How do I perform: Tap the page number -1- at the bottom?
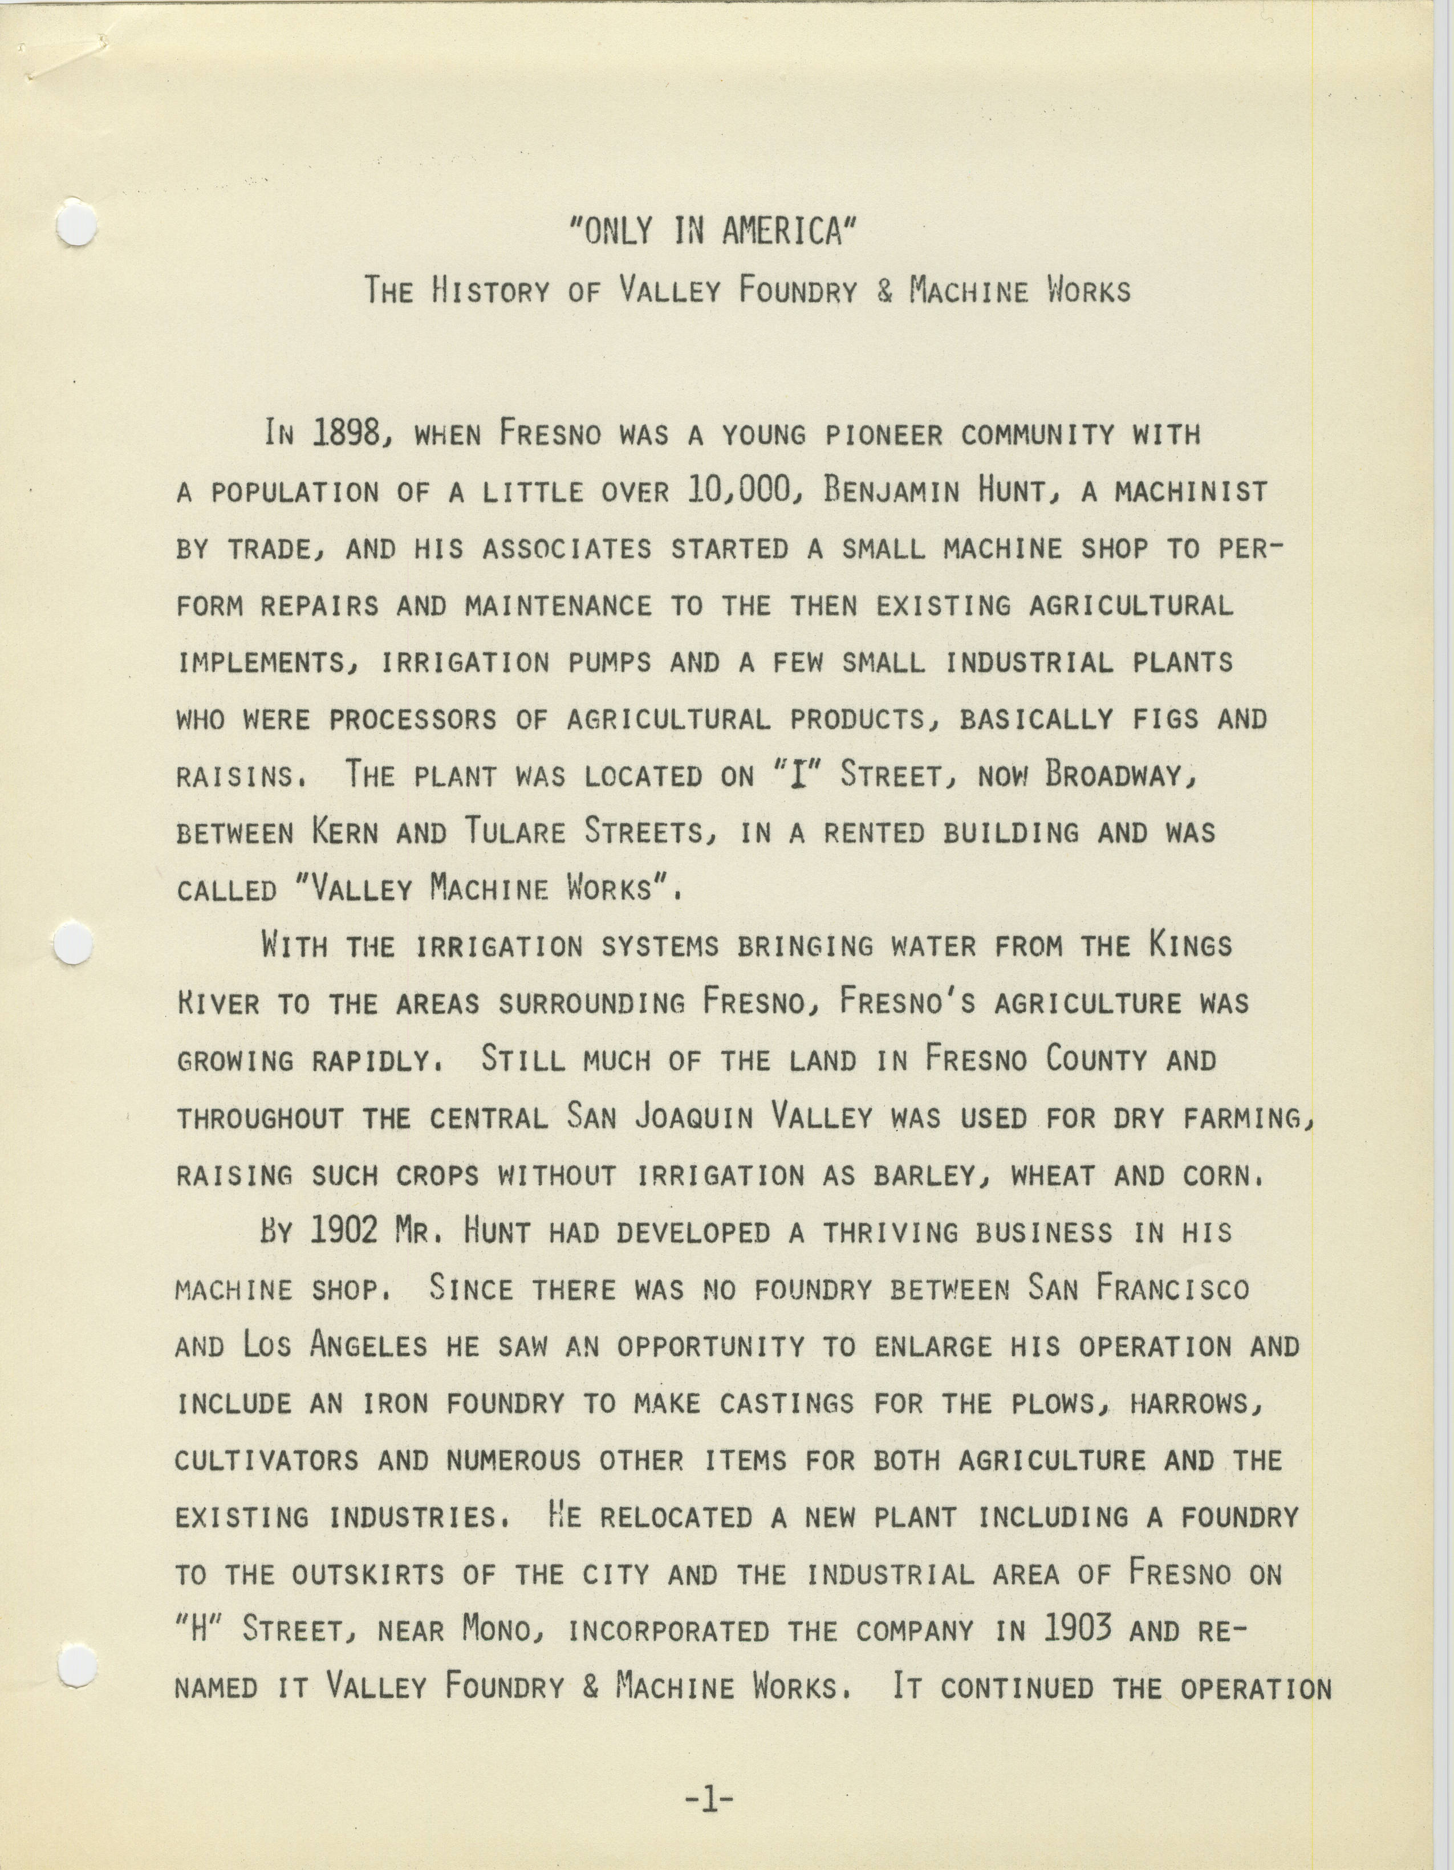(x=710, y=1798)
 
